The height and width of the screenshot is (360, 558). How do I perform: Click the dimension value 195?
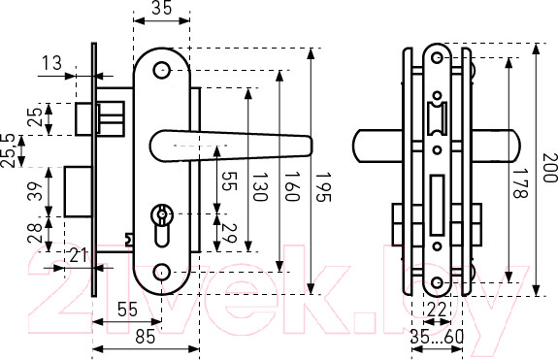point(323,187)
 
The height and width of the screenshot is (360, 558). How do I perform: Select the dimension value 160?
point(291,186)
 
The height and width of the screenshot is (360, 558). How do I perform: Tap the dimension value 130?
point(259,186)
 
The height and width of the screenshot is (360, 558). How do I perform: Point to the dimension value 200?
point(550,168)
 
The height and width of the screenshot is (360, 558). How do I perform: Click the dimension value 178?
point(518,182)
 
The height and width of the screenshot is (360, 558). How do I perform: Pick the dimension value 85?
point(146,337)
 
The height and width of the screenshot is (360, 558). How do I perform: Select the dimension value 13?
point(52,63)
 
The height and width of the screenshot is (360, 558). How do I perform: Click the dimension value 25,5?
point(8,150)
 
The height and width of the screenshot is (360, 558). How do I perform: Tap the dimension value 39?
point(35,191)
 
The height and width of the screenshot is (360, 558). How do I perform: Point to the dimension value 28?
point(35,233)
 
